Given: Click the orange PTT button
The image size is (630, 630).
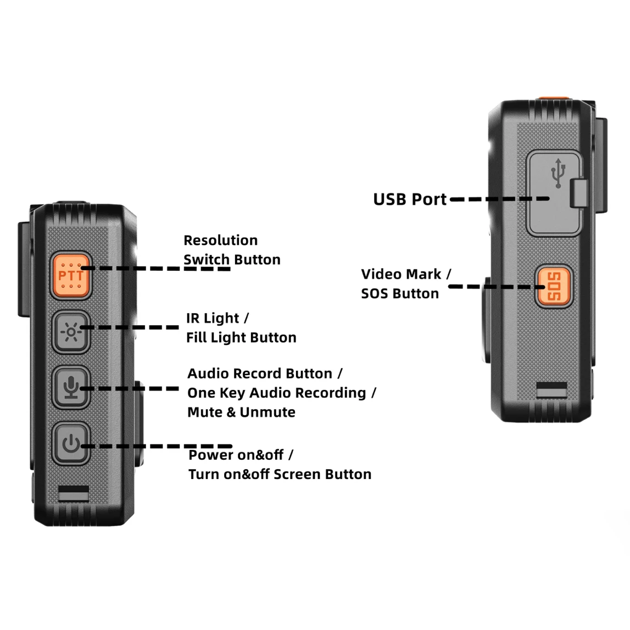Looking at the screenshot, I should (71, 276).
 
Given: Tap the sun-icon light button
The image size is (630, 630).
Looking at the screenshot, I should (71, 332).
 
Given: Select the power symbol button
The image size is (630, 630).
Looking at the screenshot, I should (71, 443).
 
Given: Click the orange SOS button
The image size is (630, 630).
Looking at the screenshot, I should (554, 286).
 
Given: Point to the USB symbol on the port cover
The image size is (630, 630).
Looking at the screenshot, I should (558, 174).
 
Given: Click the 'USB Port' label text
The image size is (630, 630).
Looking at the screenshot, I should (410, 199).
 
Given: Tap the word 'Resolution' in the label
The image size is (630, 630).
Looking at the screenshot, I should (220, 241).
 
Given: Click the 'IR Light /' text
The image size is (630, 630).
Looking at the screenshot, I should (217, 319).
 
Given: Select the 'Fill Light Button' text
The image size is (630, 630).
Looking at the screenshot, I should (241, 338).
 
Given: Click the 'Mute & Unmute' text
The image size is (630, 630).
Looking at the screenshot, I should (241, 412).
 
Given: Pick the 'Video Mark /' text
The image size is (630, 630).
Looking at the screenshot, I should (406, 274).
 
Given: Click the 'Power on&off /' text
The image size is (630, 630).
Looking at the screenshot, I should (241, 455).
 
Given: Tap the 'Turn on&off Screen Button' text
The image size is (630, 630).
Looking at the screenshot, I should (280, 475).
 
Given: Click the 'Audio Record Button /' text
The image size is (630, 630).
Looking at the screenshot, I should (265, 374).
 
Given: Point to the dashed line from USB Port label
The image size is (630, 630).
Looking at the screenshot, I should (499, 199).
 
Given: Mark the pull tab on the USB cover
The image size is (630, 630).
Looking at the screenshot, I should (578, 193).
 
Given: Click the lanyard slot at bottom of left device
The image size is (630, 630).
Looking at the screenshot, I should (74, 493).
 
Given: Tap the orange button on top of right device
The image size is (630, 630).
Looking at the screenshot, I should (553, 99).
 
